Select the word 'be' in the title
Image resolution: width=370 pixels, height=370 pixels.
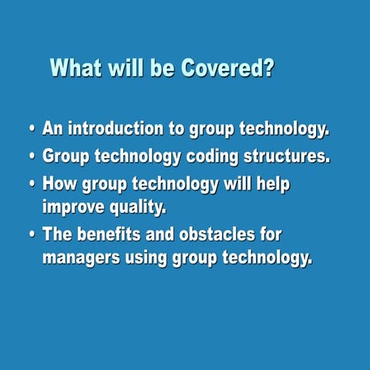tap(163, 69)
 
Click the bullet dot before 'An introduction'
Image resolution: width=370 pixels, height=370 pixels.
tap(32, 129)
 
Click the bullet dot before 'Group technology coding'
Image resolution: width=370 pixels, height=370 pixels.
tap(32, 156)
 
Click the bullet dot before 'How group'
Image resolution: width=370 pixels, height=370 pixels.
tap(32, 185)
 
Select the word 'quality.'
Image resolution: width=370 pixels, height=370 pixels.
tap(141, 207)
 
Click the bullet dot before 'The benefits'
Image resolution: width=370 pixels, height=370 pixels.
tap(32, 234)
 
